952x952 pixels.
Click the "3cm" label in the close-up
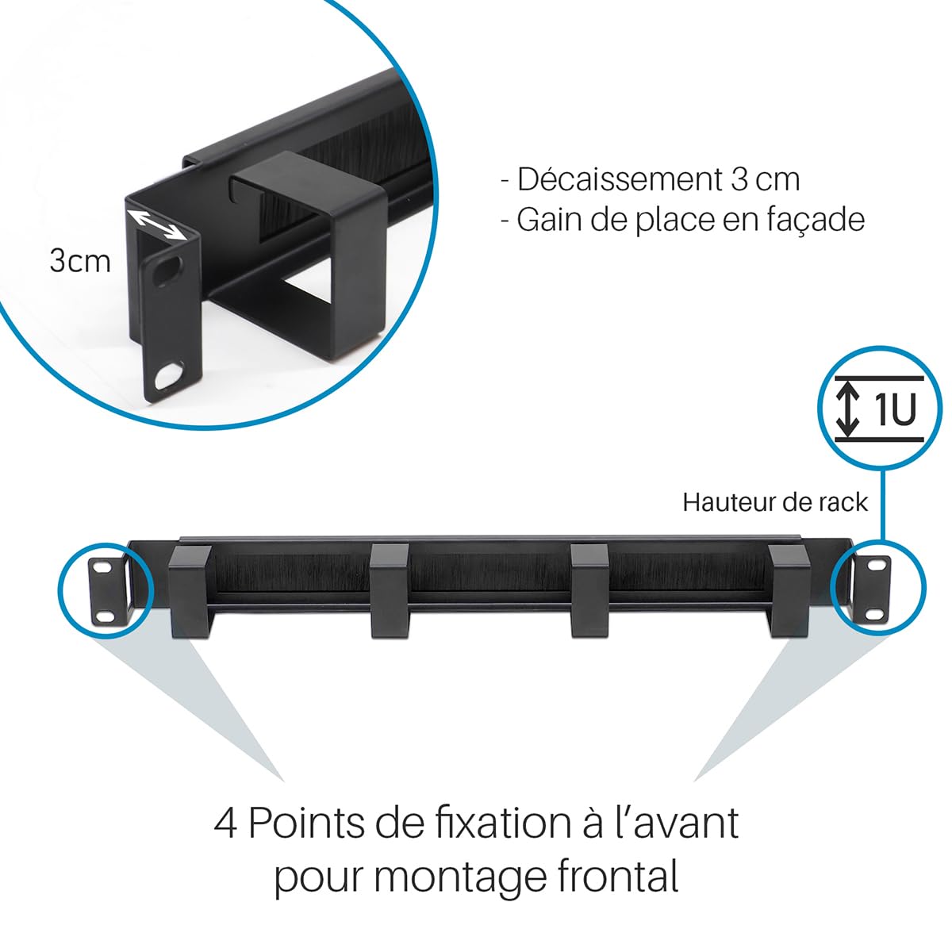[x=79, y=260]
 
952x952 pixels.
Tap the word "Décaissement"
[x=618, y=180]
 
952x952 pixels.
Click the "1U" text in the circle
[x=894, y=409]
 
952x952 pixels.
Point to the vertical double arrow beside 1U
[x=849, y=409]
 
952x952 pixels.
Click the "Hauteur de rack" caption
[x=775, y=502]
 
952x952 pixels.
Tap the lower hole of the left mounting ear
[x=104, y=616]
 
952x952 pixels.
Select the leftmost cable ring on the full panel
[x=190, y=591]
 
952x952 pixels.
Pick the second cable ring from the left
[x=389, y=591]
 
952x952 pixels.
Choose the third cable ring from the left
[x=589, y=591]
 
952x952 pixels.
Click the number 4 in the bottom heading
[x=225, y=823]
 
